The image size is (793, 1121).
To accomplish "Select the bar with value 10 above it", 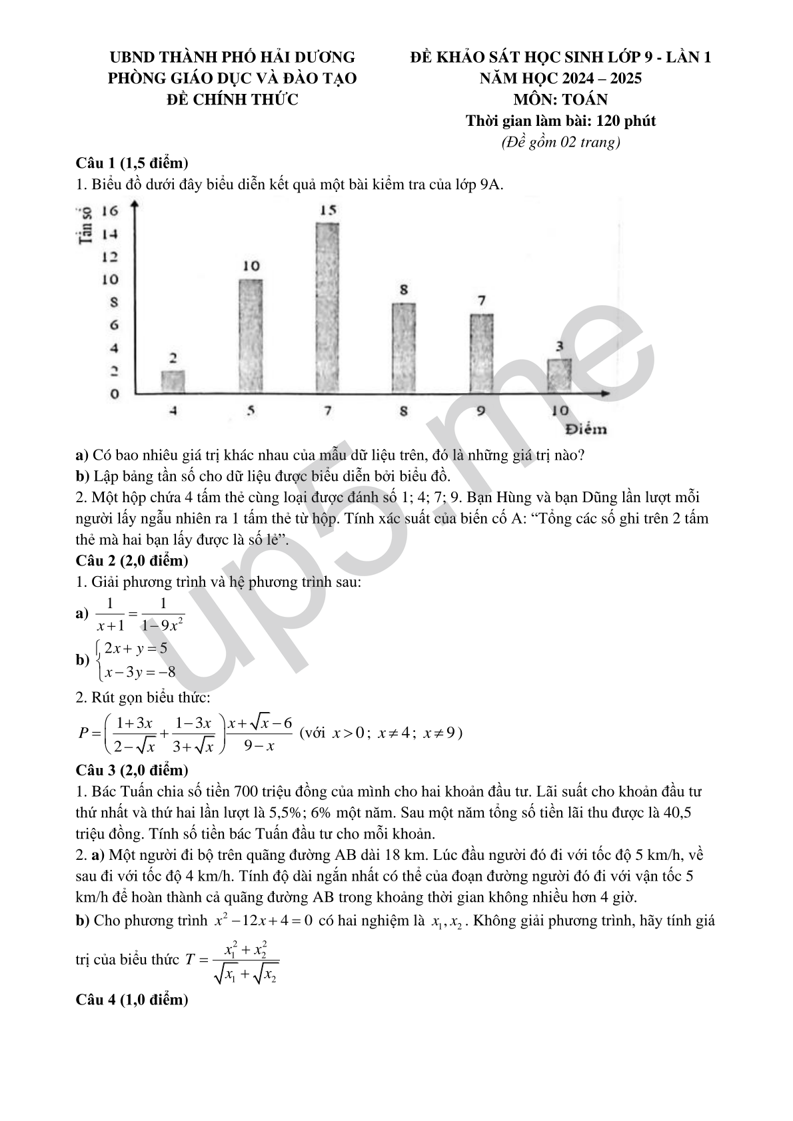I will [251, 336].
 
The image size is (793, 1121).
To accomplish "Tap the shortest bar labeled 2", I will [173, 381].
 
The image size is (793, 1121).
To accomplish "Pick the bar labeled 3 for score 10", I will [559, 376].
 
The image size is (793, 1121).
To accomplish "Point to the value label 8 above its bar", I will [404, 290].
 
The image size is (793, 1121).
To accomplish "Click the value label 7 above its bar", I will [482, 300].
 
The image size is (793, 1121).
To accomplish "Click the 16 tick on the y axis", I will [109, 211].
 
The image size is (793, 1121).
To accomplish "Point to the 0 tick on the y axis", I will [114, 394].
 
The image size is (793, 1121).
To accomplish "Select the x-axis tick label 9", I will [481, 411].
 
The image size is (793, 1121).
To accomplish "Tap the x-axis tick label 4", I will [173, 411].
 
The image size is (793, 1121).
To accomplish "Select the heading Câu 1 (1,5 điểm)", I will [132, 163].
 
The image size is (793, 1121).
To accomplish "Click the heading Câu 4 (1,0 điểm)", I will [132, 1000].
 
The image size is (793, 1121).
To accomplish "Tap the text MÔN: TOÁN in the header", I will [560, 100].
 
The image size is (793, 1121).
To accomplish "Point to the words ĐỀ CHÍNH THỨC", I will [232, 100].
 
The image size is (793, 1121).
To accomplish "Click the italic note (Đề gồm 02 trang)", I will [560, 142].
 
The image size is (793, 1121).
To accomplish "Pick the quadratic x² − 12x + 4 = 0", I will [263, 921].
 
